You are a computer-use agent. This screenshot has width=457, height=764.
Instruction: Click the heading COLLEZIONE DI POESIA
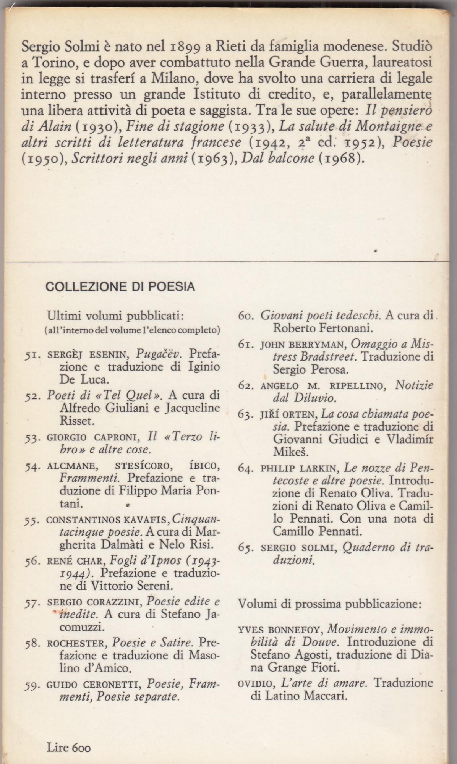[120, 286]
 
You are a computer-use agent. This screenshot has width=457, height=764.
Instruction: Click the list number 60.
[246, 316]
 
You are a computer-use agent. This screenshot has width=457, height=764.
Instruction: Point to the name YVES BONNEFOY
[280, 629]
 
